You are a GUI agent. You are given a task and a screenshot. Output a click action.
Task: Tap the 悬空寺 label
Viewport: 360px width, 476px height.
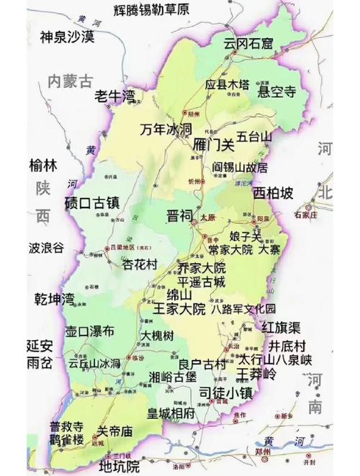[277, 91]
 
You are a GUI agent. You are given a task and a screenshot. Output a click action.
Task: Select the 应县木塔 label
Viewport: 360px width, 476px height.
[228, 85]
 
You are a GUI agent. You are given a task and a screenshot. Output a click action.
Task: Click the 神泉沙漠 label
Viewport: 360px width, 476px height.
[67, 37]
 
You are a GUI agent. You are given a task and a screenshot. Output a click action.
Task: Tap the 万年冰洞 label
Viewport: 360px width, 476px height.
[166, 130]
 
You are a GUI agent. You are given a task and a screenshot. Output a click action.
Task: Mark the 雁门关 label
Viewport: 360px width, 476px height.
[215, 145]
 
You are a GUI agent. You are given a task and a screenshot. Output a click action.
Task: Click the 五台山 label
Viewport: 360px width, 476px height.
[256, 135]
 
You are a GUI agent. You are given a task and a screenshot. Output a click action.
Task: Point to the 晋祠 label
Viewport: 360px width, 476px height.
[180, 215]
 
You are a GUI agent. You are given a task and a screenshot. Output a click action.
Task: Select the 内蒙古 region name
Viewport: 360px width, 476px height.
[71, 80]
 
